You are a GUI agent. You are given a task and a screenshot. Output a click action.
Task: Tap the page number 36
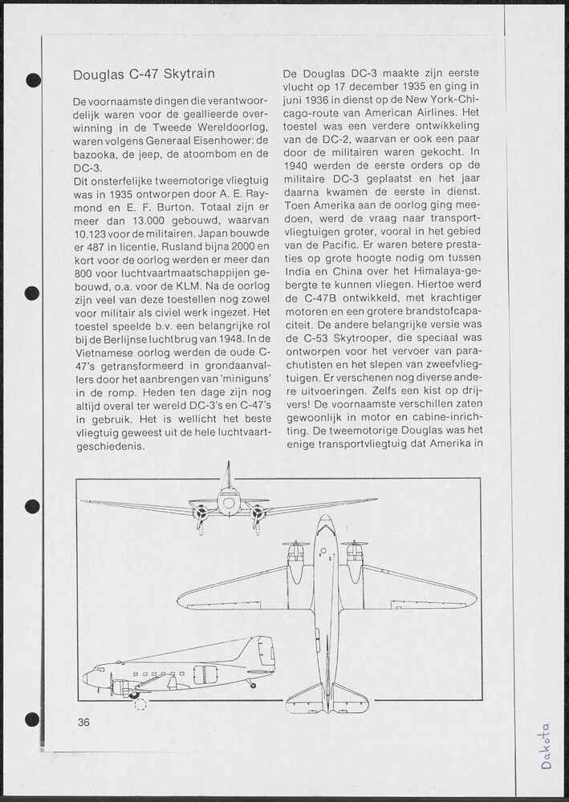[x=84, y=722]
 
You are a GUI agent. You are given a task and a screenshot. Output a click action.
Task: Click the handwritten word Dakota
[x=546, y=745]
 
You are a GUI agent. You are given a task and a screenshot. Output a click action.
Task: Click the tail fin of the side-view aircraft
[x=264, y=650]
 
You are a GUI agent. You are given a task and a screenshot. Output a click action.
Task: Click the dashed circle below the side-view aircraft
[x=140, y=704]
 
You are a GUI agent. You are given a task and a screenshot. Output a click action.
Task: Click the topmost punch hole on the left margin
[x=33, y=79]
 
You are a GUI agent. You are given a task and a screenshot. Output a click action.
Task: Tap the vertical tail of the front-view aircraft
[x=228, y=477]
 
